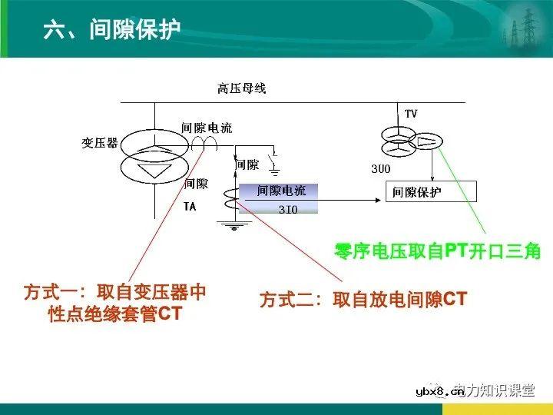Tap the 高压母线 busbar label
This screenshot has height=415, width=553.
[241, 88]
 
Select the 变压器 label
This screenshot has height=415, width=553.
[100, 143]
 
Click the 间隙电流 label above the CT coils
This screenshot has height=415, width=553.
[207, 128]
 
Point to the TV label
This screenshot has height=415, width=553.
[411, 114]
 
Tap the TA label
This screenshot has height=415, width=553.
[190, 207]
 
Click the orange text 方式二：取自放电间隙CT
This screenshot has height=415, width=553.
[363, 300]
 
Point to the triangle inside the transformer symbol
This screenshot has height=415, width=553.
[156, 170]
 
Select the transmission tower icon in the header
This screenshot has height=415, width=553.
[519, 28]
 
